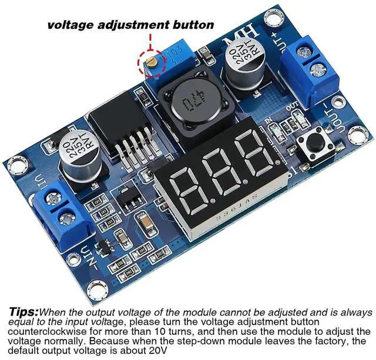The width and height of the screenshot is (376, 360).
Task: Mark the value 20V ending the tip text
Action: [157, 350]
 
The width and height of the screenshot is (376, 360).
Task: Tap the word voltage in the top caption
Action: [70, 25]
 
